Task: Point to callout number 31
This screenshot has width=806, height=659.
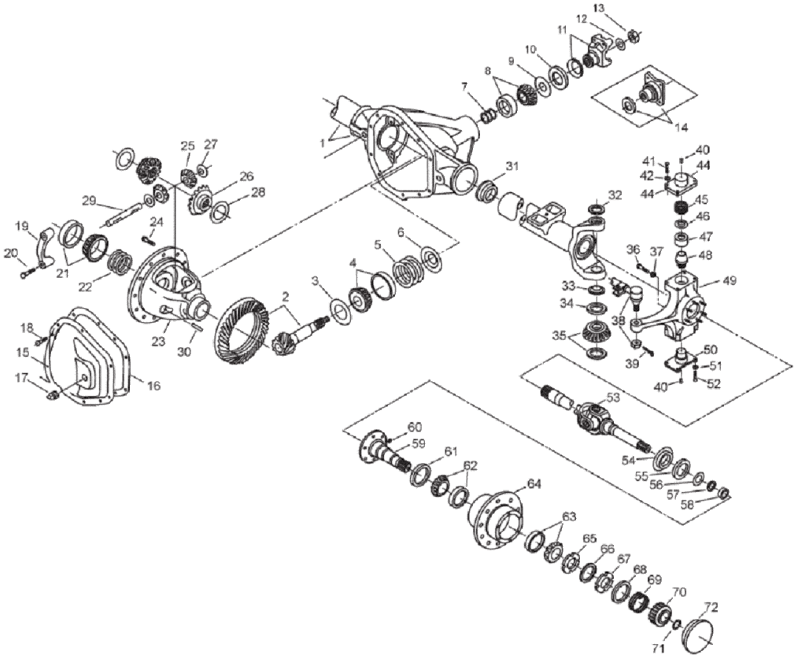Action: coord(513,166)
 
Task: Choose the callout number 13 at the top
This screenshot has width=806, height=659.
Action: coord(621,8)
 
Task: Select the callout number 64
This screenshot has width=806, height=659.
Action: coord(534,483)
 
